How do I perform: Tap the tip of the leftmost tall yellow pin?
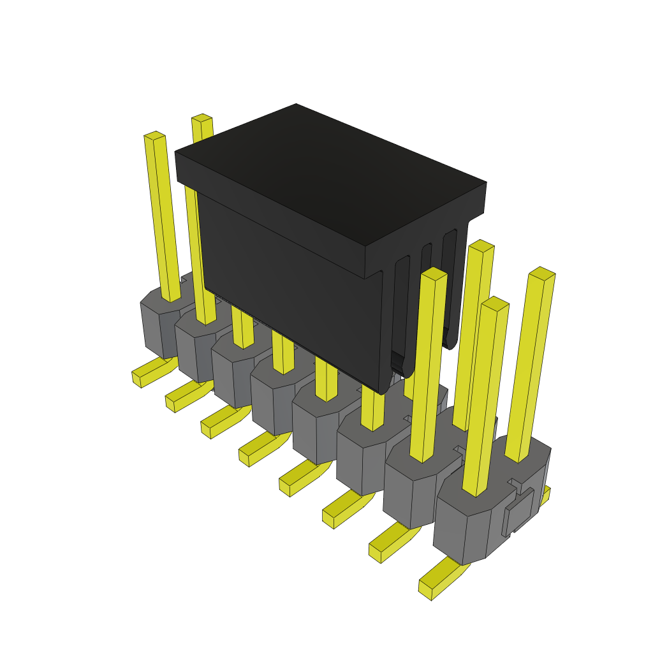[x=154, y=136]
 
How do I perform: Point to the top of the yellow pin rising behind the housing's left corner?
[x=202, y=118]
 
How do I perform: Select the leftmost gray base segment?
[x=159, y=325]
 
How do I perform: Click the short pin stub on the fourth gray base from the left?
[x=284, y=357]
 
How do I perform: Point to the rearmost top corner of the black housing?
[x=297, y=105]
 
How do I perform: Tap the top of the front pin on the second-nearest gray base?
[x=434, y=274]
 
